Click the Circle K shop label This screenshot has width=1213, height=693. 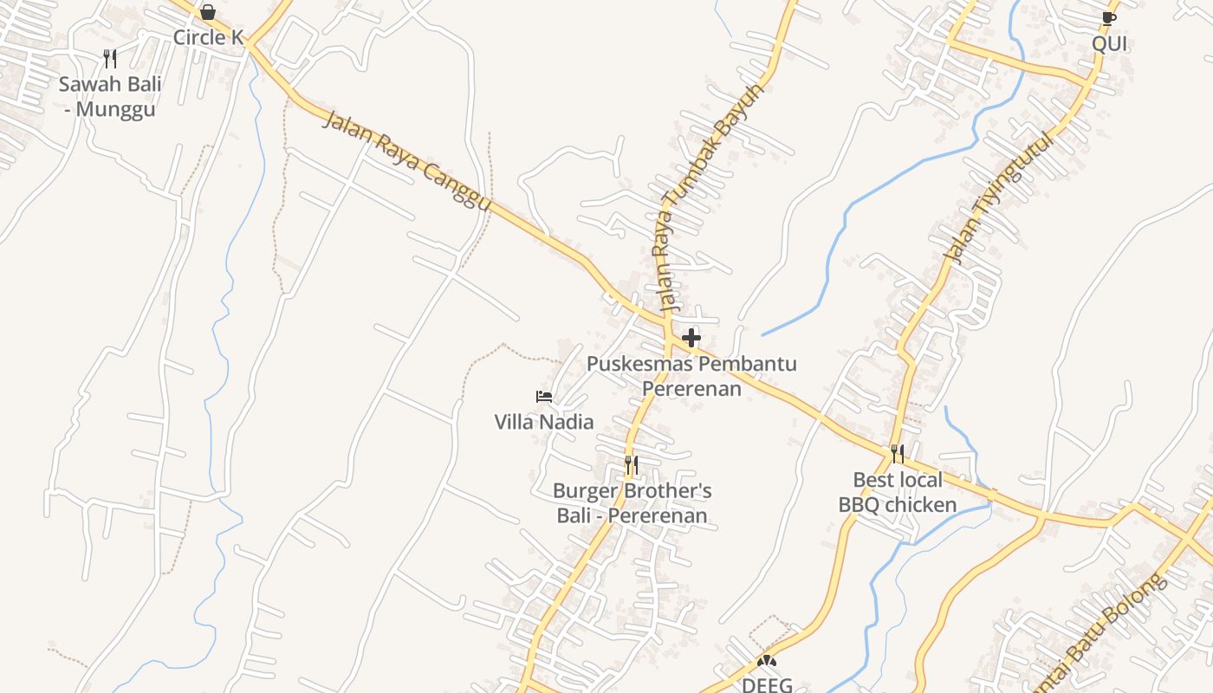click(x=208, y=37)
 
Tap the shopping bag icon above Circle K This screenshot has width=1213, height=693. click(x=208, y=12)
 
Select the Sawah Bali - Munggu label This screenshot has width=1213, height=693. click(x=110, y=97)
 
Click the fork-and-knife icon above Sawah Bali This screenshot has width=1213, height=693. click(x=110, y=59)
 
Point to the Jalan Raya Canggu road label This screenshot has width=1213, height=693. click(x=406, y=160)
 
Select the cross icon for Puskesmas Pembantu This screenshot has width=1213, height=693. click(x=691, y=337)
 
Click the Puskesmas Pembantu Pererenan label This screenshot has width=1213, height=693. click(x=691, y=376)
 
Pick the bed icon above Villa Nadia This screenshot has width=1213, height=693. click(x=544, y=397)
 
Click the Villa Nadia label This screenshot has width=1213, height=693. click(x=544, y=422)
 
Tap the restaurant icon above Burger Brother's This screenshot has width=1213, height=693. click(x=632, y=465)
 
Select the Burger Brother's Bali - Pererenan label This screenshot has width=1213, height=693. click(x=632, y=503)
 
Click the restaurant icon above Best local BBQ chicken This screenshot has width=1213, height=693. click(x=898, y=453)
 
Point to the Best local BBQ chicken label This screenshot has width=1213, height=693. click(x=898, y=492)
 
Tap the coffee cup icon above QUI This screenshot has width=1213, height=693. click(x=1109, y=18)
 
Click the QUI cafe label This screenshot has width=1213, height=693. click(x=1109, y=43)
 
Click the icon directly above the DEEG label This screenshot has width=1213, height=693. click(x=766, y=661)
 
